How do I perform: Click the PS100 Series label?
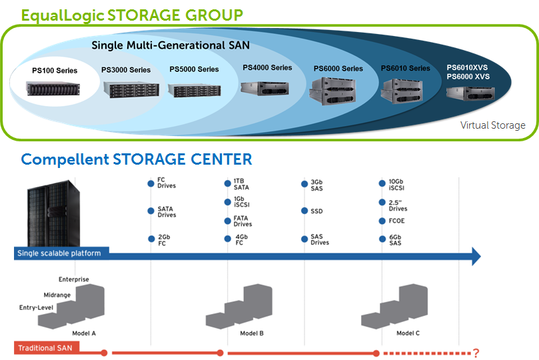[55, 71]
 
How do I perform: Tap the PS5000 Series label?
[194, 69]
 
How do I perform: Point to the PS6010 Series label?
[405, 69]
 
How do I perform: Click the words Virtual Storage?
[492, 125]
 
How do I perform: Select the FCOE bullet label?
[397, 221]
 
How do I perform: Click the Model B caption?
[252, 333]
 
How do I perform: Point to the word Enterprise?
[74, 279]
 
